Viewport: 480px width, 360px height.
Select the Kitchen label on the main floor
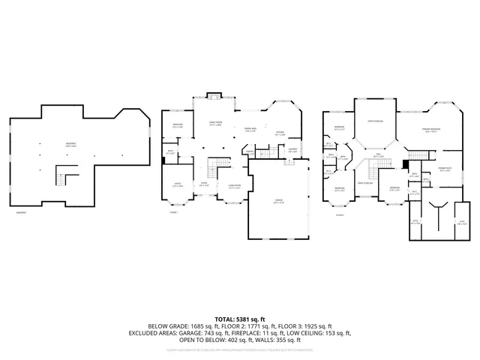(x=280, y=133)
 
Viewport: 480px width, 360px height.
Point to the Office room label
(x=177, y=184)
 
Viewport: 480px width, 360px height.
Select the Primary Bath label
(x=444, y=169)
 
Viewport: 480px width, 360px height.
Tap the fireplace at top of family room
(x=213, y=96)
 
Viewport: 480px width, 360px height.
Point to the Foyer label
(x=203, y=184)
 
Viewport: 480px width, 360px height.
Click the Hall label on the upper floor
(x=379, y=156)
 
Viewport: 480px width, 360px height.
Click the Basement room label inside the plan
(x=49, y=145)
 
